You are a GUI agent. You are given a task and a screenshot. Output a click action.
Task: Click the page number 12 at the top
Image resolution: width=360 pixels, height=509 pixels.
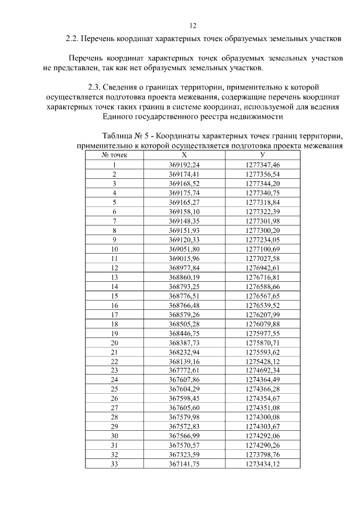click(193, 26)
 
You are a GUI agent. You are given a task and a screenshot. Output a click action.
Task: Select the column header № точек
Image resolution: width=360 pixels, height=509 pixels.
click(114, 154)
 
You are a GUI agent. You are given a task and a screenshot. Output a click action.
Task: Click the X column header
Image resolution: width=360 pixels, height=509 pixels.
click(184, 154)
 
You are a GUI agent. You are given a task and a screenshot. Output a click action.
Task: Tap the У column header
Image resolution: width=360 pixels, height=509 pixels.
click(263, 154)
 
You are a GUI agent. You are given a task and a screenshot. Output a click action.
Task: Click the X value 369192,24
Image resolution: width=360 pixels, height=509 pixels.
click(184, 164)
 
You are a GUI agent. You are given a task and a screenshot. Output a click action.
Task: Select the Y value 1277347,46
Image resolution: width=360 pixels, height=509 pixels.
click(263, 164)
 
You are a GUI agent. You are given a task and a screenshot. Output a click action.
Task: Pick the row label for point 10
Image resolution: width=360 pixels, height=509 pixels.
click(114, 248)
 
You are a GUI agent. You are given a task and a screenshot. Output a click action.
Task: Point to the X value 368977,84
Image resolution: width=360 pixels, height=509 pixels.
click(184, 267)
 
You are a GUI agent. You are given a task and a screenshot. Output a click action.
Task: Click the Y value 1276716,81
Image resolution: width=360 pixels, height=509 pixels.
click(263, 277)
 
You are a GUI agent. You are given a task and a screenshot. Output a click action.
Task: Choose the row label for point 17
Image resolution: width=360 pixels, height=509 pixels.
click(114, 314)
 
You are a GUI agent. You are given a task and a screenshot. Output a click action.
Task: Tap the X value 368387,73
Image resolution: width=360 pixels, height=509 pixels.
click(184, 342)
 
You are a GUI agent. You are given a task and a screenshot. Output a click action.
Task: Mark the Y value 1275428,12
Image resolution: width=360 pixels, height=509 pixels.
click(263, 361)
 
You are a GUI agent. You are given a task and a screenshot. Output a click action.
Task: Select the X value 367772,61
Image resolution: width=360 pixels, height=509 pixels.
click(184, 370)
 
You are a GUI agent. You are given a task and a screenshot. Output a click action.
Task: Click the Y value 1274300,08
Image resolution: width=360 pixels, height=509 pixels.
click(263, 417)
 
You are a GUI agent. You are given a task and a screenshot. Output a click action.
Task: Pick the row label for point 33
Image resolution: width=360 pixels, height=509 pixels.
click(114, 463)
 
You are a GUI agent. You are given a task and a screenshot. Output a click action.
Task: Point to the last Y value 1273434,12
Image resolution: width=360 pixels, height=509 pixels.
click(263, 463)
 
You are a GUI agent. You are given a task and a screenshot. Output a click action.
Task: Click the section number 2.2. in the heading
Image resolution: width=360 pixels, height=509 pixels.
click(71, 39)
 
